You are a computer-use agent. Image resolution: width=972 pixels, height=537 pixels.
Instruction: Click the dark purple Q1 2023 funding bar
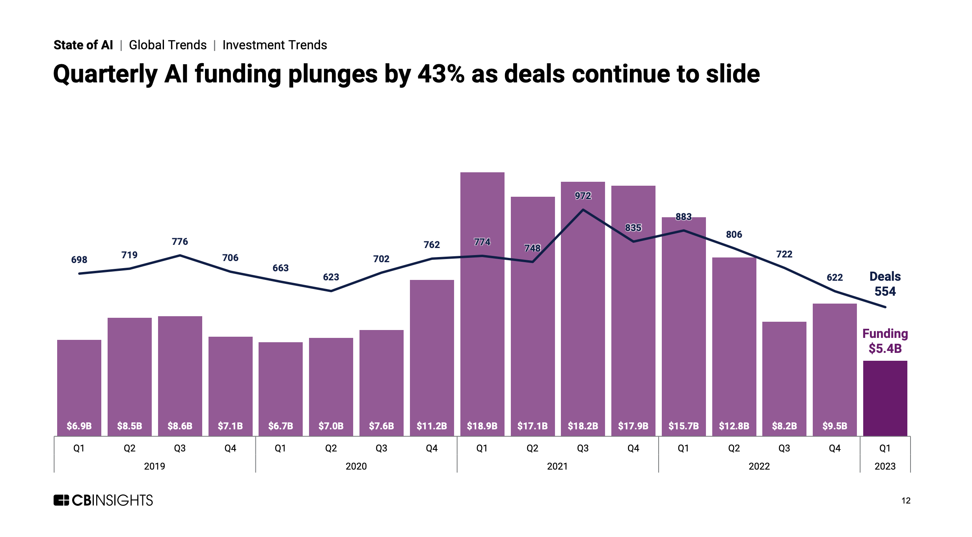pos(885,398)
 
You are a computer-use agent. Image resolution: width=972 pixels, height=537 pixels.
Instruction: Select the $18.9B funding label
pos(482,426)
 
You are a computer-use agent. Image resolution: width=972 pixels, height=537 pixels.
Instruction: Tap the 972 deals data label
pos(583,196)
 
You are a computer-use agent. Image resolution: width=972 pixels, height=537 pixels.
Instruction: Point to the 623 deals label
pos(331,277)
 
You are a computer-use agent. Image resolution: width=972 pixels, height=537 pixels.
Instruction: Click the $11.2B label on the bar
pos(432,426)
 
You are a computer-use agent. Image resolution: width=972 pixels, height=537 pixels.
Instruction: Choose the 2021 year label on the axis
pos(557,466)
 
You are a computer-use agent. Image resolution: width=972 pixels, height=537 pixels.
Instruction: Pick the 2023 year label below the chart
pos(885,466)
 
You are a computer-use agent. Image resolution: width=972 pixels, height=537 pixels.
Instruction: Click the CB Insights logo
pos(103,500)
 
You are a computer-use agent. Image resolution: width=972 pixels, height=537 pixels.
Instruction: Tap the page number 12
pos(906,501)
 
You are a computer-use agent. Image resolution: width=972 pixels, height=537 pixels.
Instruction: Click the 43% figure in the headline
pos(441,74)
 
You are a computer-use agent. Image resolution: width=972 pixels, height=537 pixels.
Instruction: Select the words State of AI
pos(83,45)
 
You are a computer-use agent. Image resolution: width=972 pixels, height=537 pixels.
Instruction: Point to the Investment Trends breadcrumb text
pos(275,45)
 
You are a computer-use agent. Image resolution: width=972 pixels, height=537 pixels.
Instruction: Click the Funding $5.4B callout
pos(885,341)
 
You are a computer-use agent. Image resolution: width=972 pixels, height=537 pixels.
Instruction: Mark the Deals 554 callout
pos(885,284)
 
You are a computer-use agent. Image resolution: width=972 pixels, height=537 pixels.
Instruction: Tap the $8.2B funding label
pos(784,426)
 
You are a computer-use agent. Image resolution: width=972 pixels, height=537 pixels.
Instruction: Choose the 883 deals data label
pos(683,217)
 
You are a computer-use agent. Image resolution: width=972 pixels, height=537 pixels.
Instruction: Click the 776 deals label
pos(180,242)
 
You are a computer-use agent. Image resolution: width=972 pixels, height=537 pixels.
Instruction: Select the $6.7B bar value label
pos(281,426)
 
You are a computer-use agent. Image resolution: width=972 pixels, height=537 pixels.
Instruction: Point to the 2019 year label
pos(155,466)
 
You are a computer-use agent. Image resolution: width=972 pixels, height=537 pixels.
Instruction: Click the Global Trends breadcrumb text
pos(168,45)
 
